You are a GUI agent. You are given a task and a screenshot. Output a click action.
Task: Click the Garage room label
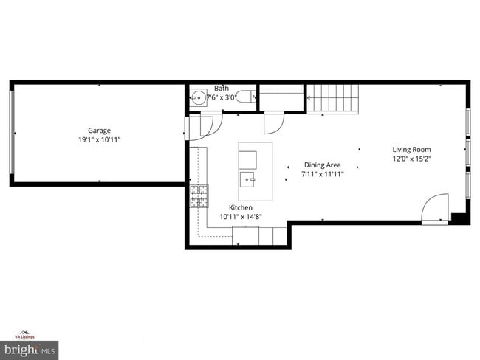click(x=99, y=131)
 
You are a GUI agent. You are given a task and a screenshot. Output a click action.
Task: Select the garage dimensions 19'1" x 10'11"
click(x=99, y=139)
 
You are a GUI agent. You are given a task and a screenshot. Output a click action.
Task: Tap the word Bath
click(x=222, y=88)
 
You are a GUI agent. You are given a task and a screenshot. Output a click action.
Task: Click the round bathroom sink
click(x=198, y=97)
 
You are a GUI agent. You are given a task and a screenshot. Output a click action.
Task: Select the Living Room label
click(x=411, y=150)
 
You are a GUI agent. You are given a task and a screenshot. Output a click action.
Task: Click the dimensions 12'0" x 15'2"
click(x=411, y=159)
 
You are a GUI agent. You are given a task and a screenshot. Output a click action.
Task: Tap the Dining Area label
click(x=322, y=166)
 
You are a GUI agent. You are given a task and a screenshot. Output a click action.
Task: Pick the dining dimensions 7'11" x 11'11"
click(x=323, y=175)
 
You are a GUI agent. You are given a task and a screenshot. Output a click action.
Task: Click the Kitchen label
click(x=241, y=207)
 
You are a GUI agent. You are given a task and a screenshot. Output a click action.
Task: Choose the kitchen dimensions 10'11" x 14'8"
click(x=241, y=216)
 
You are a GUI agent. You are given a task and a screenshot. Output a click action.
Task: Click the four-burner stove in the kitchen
click(x=199, y=195)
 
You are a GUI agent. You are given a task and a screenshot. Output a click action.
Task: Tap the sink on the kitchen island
click(x=247, y=179)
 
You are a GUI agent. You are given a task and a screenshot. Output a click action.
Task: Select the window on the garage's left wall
click(x=11, y=133)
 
